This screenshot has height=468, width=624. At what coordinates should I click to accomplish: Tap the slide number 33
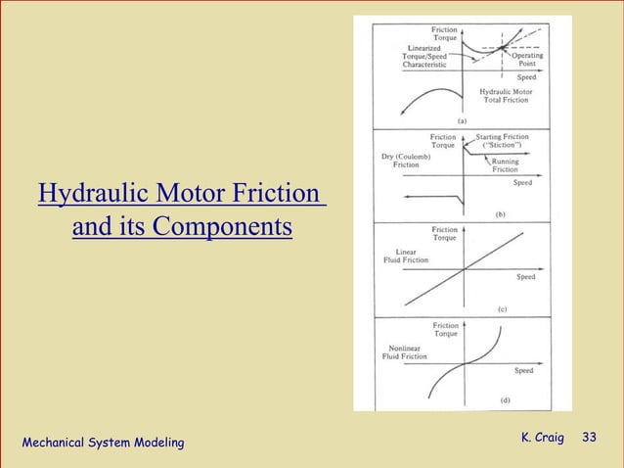coord(590,437)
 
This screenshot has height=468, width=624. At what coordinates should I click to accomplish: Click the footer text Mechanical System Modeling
coord(103,444)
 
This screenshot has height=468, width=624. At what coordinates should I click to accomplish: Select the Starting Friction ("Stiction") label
coord(503,141)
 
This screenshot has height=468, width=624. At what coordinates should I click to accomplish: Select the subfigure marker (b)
coord(501,212)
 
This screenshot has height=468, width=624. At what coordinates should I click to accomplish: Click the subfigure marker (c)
coord(502,308)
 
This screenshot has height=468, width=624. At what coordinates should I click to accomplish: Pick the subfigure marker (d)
coord(505,398)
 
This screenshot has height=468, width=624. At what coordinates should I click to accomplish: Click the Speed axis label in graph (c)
coord(526,277)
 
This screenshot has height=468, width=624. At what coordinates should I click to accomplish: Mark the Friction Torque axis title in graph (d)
coord(446,329)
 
